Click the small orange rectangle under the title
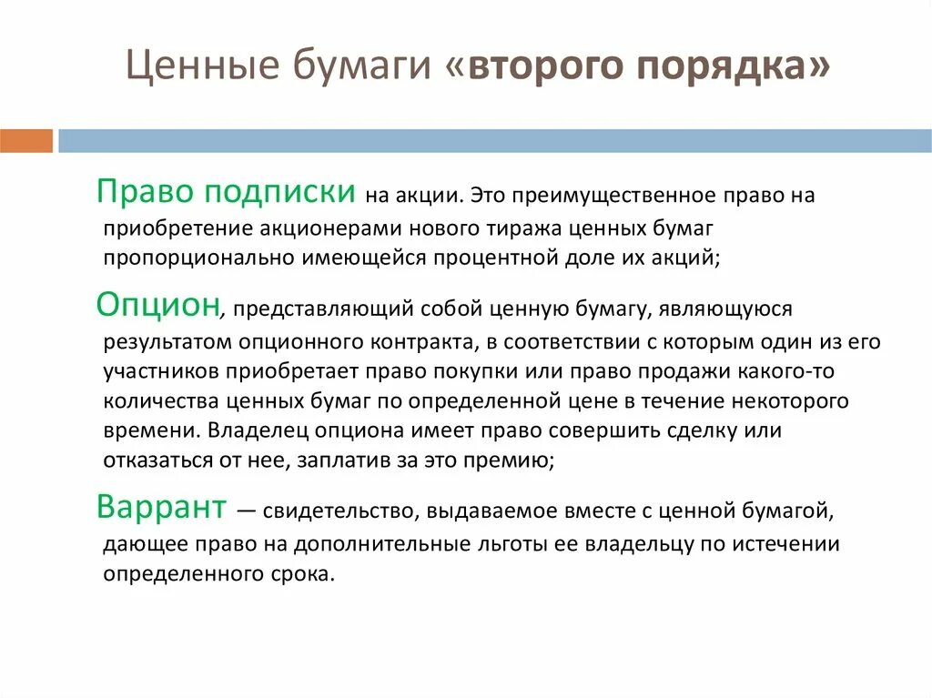(25, 141)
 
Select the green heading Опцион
(158, 307)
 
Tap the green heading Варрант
(161, 508)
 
